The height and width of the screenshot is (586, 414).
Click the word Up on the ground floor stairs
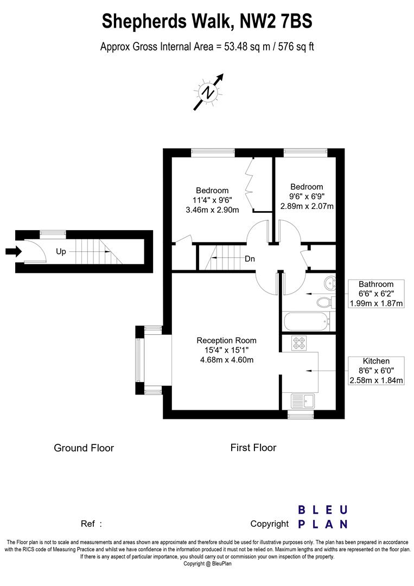click(61, 252)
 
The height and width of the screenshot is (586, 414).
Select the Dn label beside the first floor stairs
click(250, 259)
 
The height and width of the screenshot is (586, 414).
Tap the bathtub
click(306, 321)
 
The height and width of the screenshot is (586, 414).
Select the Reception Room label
click(226, 340)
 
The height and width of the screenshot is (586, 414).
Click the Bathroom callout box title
click(376, 284)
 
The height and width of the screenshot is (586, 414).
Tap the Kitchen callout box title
click(376, 361)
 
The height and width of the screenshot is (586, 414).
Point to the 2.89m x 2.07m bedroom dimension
click(307, 206)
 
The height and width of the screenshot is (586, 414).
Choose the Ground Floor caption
click(84, 448)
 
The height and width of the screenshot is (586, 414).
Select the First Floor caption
click(253, 448)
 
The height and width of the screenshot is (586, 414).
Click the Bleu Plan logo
click(322, 517)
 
